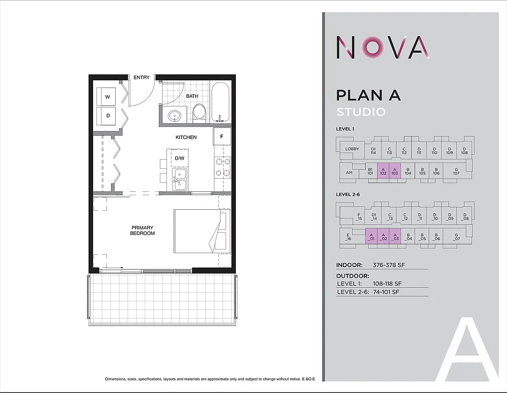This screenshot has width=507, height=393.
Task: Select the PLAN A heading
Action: pyautogui.click(x=368, y=95)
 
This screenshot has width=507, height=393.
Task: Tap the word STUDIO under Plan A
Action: pyautogui.click(x=361, y=112)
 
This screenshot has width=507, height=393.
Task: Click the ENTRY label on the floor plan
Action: pyautogui.click(x=142, y=78)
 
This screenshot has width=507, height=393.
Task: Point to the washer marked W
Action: pyautogui.click(x=107, y=97)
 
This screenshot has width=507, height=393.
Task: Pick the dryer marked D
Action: pyautogui.click(x=107, y=116)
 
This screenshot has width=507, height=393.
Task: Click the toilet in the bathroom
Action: pyautogui.click(x=199, y=112)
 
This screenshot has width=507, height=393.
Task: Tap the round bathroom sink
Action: pyautogui.click(x=175, y=116)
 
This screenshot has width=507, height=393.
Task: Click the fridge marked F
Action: pyautogui.click(x=222, y=137)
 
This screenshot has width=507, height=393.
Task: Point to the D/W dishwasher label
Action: pyautogui.click(x=180, y=158)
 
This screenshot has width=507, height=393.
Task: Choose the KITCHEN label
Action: pyautogui.click(x=186, y=137)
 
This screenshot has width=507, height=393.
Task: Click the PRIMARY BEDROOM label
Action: pyautogui.click(x=142, y=230)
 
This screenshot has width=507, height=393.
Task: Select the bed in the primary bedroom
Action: pyautogui.click(x=202, y=231)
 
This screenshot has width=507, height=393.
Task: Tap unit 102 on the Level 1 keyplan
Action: pyautogui.click(x=383, y=170)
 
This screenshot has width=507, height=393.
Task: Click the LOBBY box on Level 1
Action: pyautogui.click(x=352, y=149)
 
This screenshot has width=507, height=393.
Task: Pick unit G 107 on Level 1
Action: pyautogui.click(x=456, y=170)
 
